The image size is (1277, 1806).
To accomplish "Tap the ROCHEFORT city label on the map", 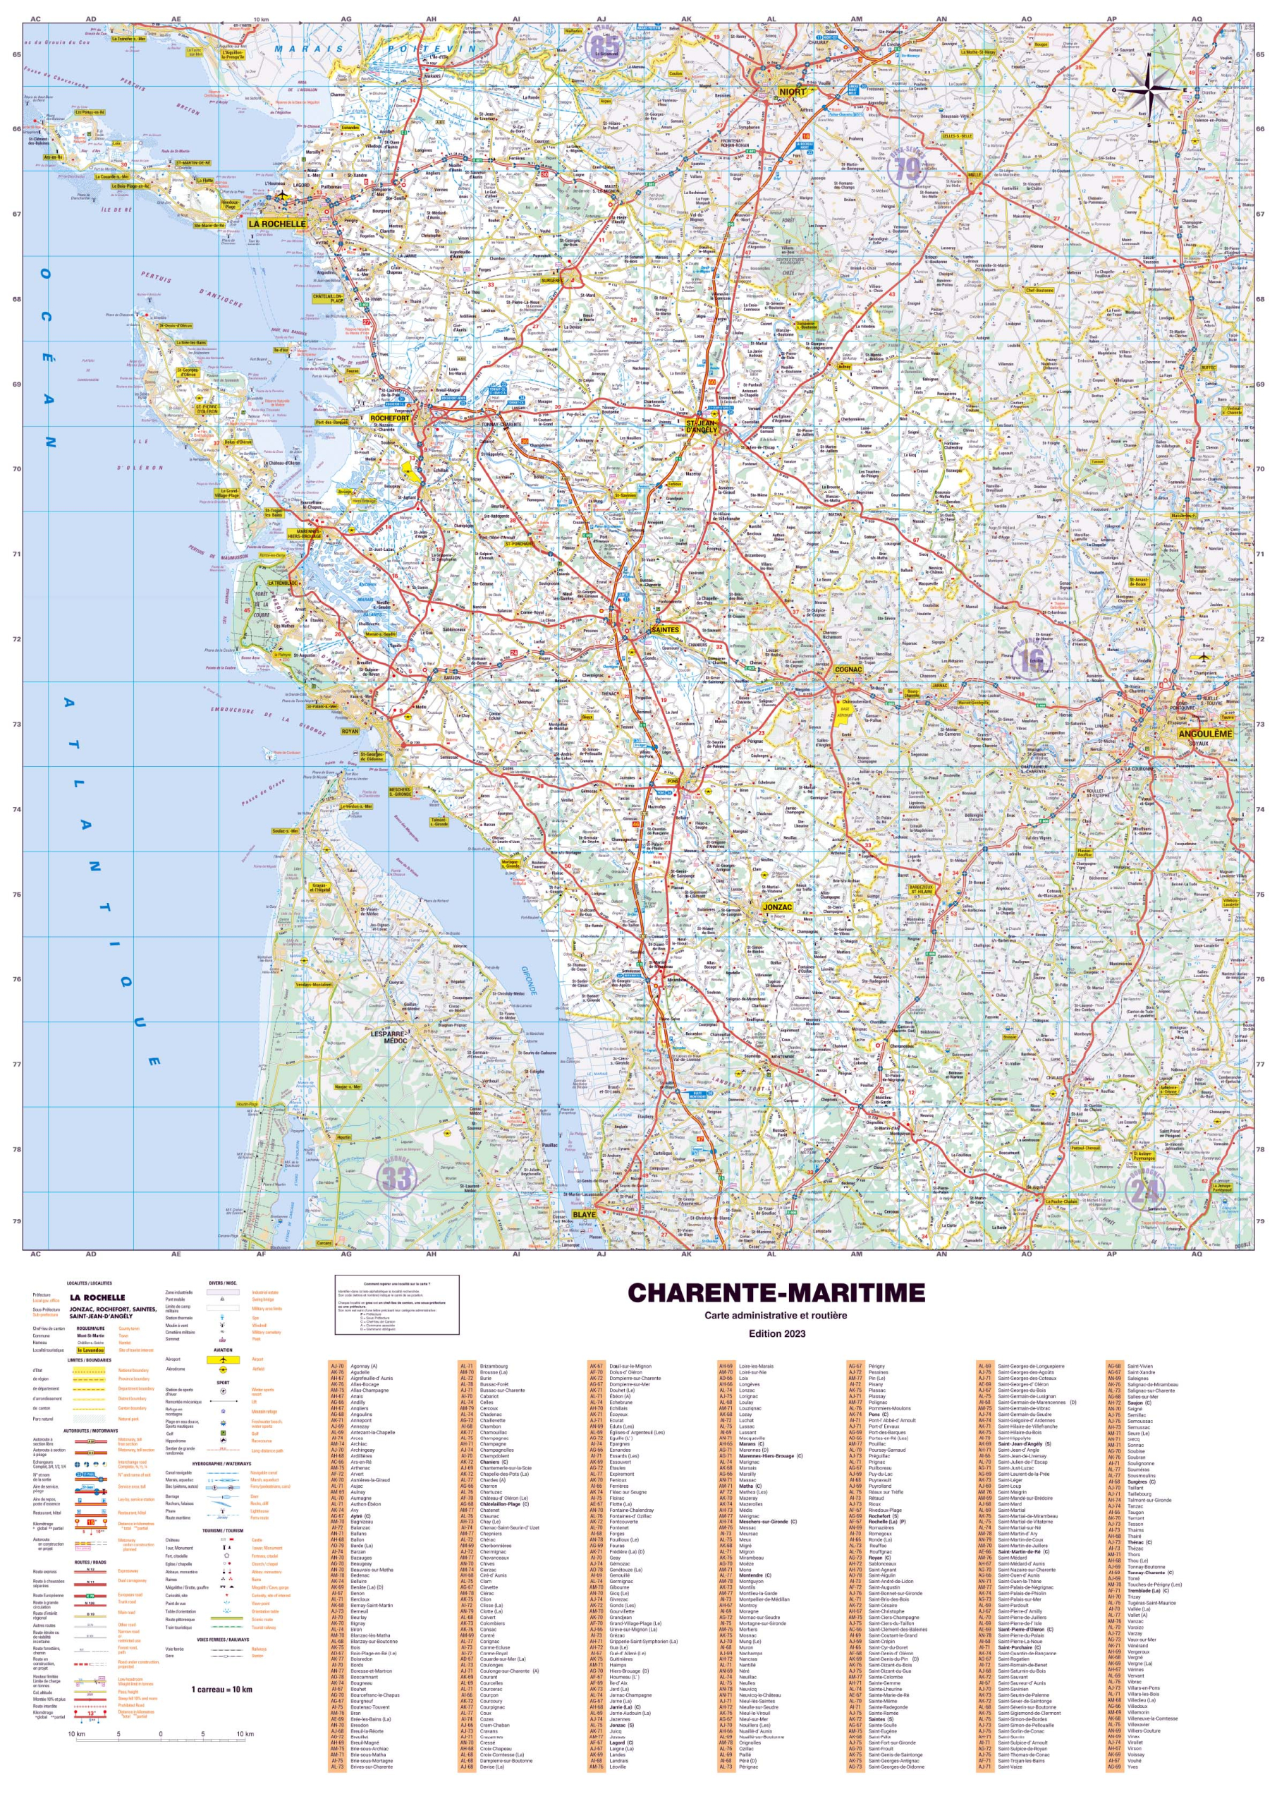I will click(x=390, y=418).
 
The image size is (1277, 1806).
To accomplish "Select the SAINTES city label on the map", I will click(x=665, y=630).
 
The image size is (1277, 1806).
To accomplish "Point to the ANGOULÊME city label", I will click(x=1204, y=734).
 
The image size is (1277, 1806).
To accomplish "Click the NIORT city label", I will click(x=792, y=92).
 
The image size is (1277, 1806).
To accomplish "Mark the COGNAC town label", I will click(x=848, y=669).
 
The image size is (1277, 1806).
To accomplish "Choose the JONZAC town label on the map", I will click(x=777, y=907).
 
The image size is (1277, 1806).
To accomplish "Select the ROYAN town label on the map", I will click(x=349, y=732).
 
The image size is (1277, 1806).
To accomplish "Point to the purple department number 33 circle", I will click(x=397, y=1178).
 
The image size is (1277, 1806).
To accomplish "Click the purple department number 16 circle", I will click(x=1031, y=659).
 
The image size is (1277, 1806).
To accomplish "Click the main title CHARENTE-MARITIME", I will click(x=776, y=1293).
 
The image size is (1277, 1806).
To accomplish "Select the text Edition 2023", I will click(x=776, y=1333).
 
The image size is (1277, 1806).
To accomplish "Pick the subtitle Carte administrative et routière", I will click(x=776, y=1315).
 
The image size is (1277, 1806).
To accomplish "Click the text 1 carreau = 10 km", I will click(x=221, y=1689).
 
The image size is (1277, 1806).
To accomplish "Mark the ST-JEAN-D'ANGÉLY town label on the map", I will click(x=702, y=425).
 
